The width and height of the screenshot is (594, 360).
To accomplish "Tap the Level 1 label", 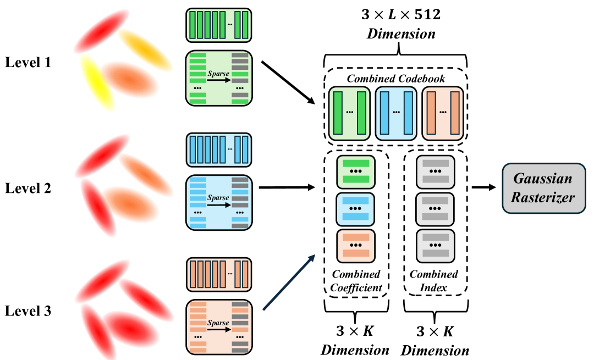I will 28,62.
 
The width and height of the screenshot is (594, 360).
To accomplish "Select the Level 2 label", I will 28,188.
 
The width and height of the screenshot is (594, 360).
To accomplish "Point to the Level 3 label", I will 28,312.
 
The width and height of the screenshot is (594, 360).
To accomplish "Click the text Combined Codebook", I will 396,78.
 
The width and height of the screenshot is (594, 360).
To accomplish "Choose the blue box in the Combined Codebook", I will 396,113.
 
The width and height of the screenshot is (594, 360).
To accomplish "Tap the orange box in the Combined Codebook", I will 443,113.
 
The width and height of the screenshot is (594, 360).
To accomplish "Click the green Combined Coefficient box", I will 355,171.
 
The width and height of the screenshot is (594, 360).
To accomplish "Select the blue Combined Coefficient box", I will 355,208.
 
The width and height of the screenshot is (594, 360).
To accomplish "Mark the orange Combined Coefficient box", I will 355,245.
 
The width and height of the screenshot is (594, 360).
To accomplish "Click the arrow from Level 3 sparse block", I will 289,283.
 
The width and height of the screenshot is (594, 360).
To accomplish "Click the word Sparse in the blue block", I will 218,195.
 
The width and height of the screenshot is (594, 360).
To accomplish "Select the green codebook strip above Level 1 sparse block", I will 219,25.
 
